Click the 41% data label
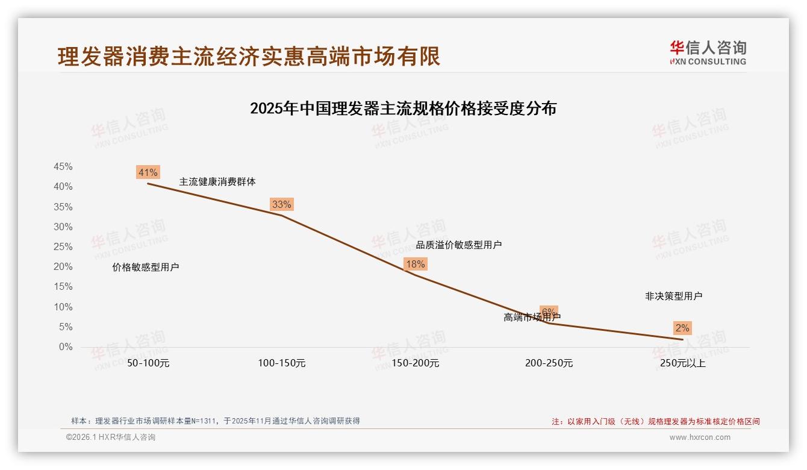148,173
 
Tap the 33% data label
281,204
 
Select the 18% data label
415,264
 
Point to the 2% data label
682,328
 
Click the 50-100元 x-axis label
148,363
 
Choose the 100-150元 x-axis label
282,363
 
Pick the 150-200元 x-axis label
416,363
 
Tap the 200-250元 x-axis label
549,363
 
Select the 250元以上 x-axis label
682,363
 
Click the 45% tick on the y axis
63,167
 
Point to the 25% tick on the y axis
63,247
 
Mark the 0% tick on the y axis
66,347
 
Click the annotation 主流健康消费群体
217,181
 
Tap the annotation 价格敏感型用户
146,268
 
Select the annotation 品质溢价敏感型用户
459,245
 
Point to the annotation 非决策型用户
673,296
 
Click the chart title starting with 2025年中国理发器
403,109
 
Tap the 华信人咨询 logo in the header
708,52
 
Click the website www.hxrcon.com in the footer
700,437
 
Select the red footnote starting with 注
656,422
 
